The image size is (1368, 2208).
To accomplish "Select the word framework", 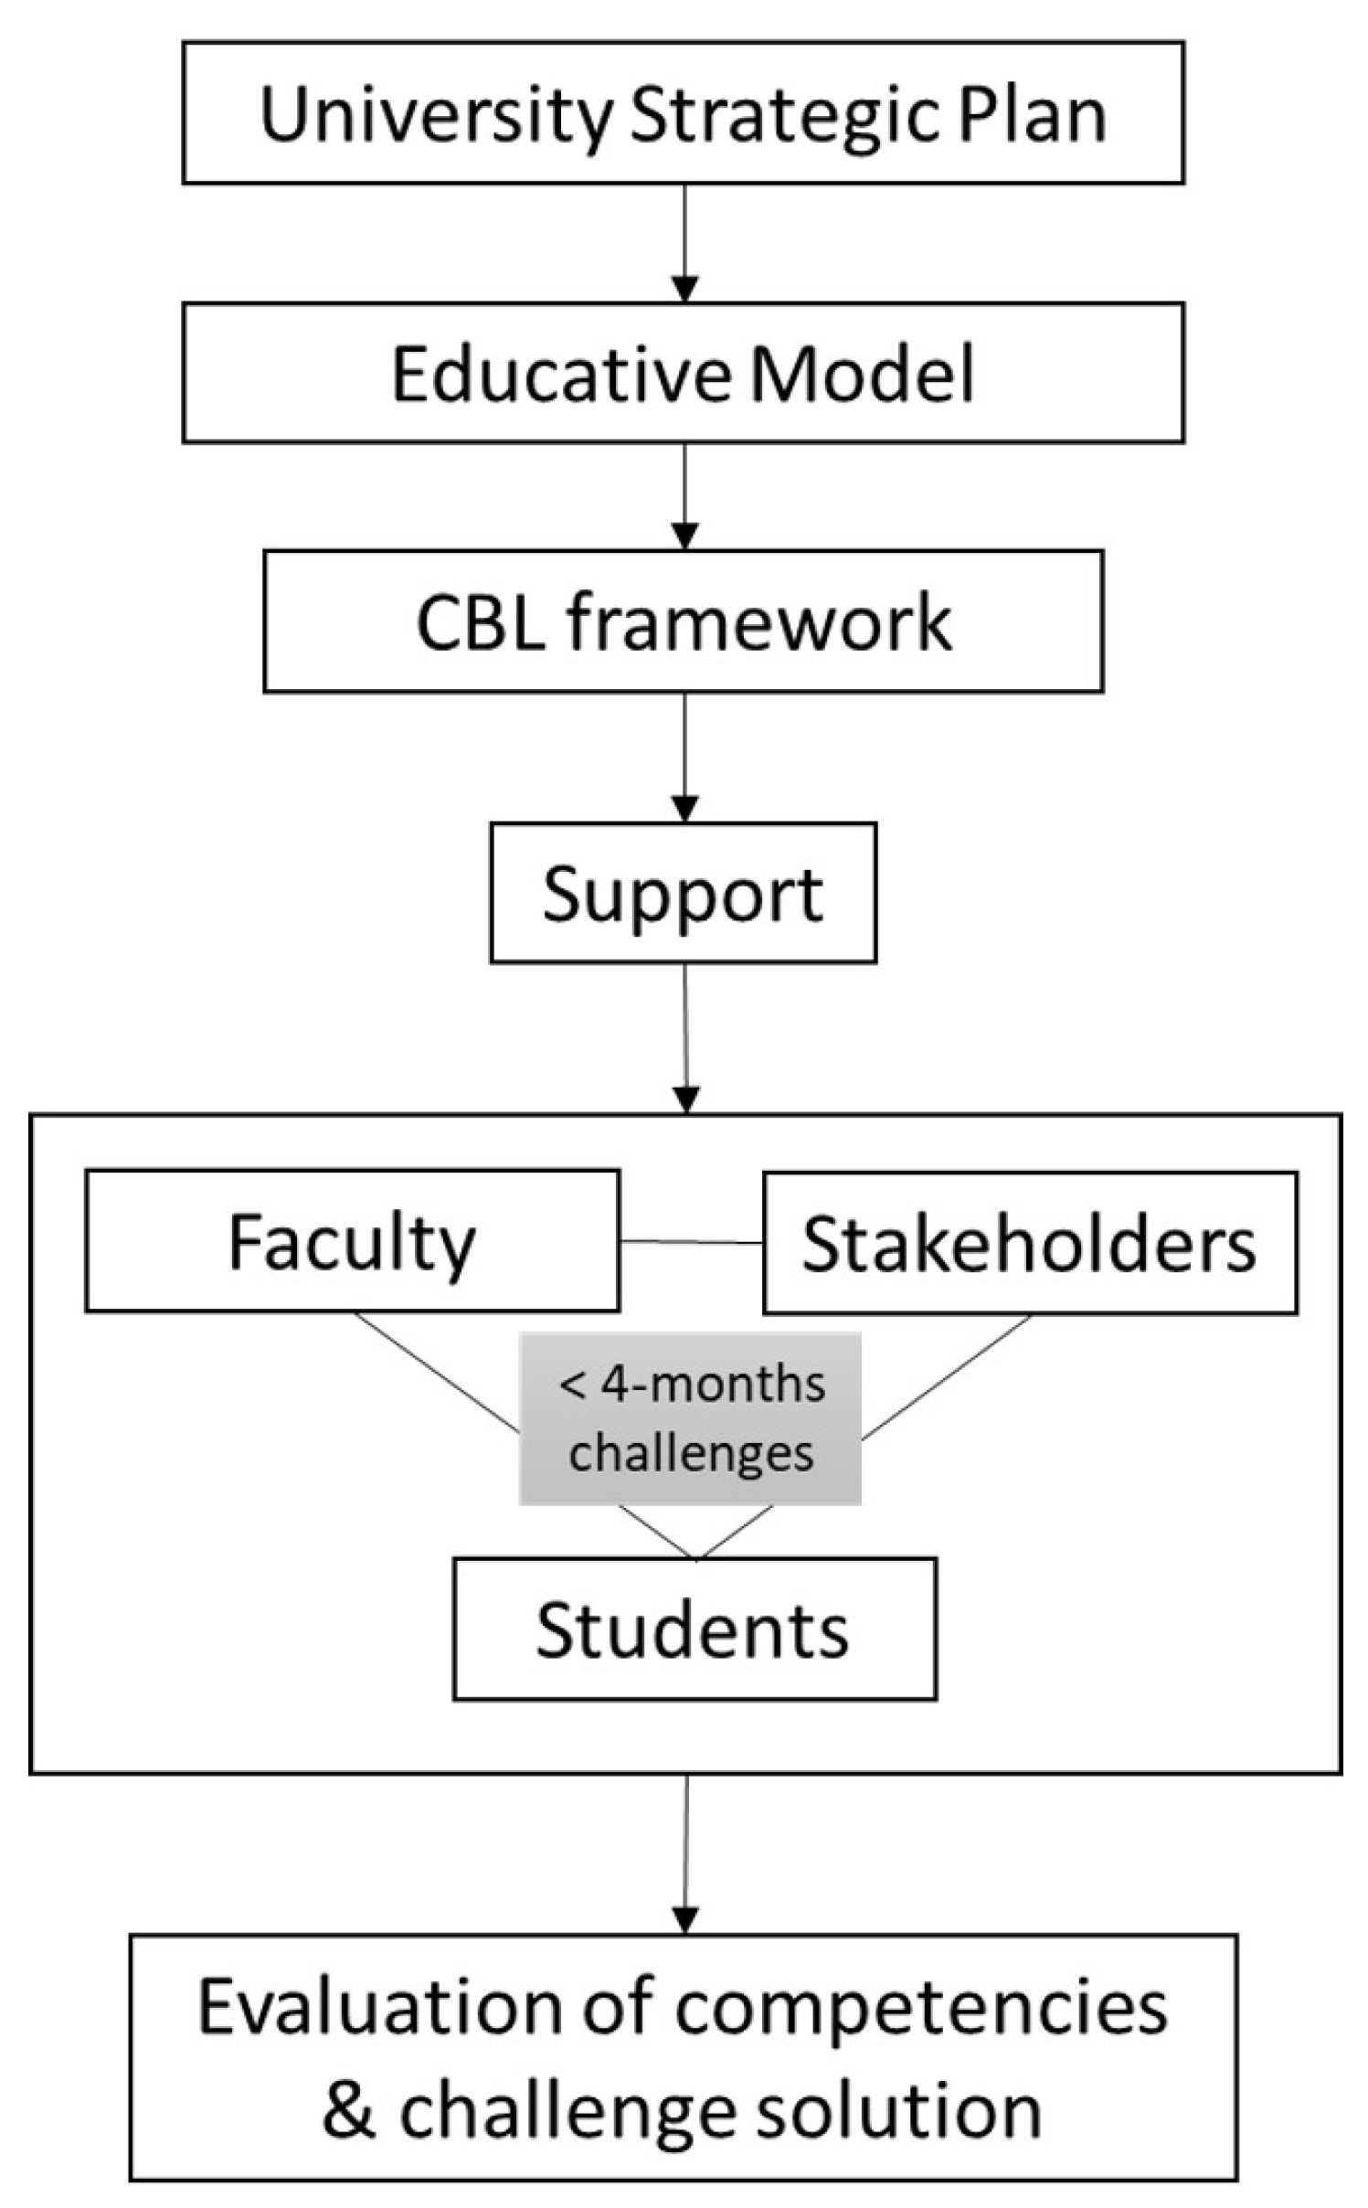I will point(758,623).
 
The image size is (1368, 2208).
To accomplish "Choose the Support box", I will point(683,893).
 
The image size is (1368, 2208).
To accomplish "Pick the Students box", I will point(694,1630).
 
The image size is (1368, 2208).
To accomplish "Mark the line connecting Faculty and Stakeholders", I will point(692,1242).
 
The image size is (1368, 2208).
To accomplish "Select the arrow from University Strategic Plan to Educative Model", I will point(684,243).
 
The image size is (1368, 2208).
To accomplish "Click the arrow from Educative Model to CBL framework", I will point(684,496).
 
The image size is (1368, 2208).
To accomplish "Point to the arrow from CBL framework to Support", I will point(684,757).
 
